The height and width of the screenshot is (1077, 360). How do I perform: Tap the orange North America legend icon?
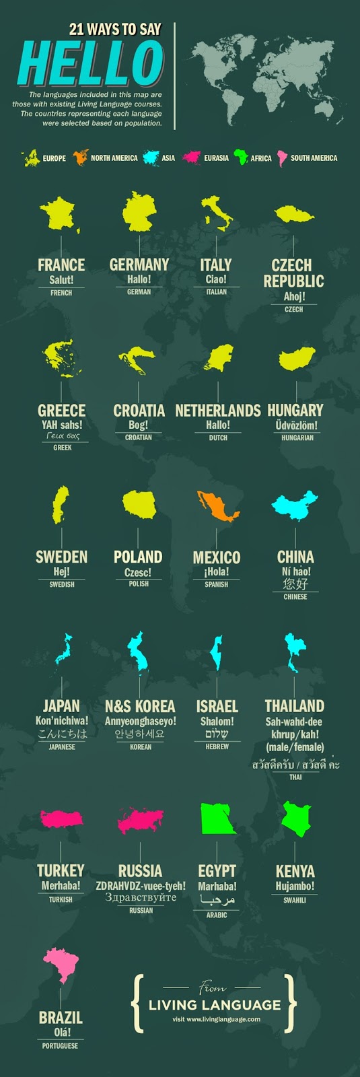tap(81, 158)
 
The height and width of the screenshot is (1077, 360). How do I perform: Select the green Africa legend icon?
tap(240, 158)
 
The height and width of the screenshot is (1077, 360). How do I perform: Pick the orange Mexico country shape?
tap(217, 506)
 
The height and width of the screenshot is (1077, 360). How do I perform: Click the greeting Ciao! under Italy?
tap(216, 279)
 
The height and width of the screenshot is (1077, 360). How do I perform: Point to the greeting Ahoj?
tap(294, 296)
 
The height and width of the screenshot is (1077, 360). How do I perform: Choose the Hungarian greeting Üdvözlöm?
tap(297, 425)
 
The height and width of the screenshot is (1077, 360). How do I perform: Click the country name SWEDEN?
tap(61, 557)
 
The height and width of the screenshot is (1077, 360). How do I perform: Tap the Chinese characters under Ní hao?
tap(295, 584)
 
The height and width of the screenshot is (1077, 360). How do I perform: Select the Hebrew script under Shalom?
tap(217, 734)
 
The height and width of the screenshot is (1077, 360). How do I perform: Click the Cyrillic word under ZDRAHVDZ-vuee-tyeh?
tap(140, 897)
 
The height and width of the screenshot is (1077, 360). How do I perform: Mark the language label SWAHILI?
tap(295, 900)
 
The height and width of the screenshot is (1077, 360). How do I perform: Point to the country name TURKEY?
tap(61, 871)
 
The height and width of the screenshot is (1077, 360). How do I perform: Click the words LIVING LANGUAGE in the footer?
tap(215, 1005)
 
